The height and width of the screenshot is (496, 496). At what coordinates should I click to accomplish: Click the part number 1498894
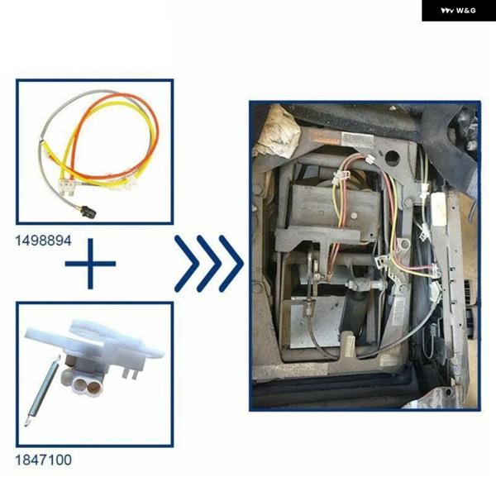point(43,241)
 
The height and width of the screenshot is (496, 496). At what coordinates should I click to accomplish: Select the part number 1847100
point(43,460)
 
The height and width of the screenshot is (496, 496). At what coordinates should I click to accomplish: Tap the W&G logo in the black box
point(458,11)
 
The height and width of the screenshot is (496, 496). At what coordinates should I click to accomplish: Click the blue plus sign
point(90,264)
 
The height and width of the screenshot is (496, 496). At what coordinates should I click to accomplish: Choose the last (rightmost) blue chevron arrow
point(231,264)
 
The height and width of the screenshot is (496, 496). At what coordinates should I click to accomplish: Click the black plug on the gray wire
point(89,212)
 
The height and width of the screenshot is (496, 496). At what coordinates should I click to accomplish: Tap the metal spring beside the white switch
point(42,391)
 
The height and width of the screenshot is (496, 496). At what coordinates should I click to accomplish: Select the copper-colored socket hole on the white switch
point(93,385)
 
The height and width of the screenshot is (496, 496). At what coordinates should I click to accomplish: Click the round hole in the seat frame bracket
point(392,157)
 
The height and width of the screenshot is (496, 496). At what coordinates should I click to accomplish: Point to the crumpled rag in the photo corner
point(277,132)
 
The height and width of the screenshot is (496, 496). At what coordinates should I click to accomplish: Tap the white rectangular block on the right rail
point(439,209)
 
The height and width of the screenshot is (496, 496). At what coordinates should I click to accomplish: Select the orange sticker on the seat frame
point(324,138)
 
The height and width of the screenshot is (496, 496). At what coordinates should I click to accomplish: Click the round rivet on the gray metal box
point(355,216)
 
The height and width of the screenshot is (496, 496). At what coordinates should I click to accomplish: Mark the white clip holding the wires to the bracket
point(340,176)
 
